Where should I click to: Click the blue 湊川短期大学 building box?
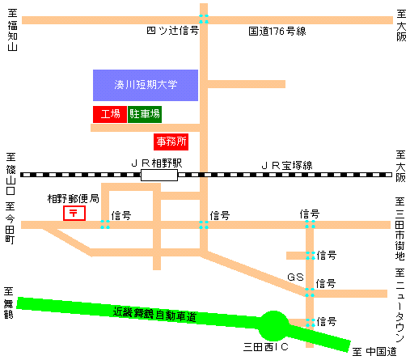(146, 85)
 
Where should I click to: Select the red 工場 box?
(109, 114)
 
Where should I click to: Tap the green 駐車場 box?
(145, 114)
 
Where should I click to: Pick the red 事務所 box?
(171, 142)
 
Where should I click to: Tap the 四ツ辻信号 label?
(171, 32)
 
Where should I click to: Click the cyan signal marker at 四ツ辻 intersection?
(204, 18)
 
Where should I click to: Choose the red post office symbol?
(74, 213)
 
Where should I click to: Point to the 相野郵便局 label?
(73, 198)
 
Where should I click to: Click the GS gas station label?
(297, 277)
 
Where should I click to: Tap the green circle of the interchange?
(273, 326)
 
